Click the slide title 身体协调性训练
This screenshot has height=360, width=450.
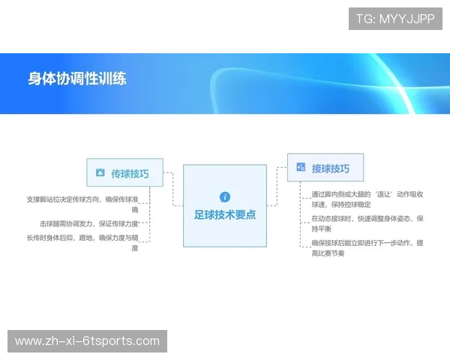[77, 79]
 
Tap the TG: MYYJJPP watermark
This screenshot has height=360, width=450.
[395, 19]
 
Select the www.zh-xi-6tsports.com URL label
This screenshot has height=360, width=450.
[87, 341]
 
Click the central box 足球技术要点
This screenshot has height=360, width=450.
[225, 205]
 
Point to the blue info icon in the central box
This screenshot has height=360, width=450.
[225, 196]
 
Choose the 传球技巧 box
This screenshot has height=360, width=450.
[124, 173]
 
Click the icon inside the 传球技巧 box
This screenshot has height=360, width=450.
[100, 173]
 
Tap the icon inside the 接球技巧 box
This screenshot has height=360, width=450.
[301, 168]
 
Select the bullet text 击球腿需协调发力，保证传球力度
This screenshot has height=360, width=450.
[89, 223]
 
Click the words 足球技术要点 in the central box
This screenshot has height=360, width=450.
[225, 215]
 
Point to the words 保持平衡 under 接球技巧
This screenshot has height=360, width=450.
[324, 229]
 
